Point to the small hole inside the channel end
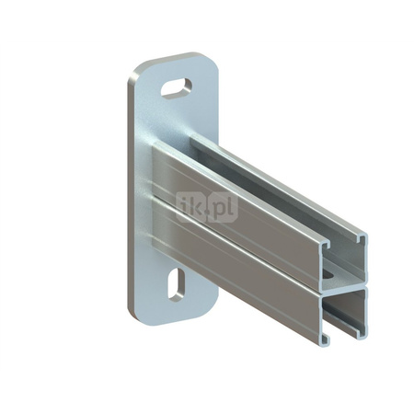329,272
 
